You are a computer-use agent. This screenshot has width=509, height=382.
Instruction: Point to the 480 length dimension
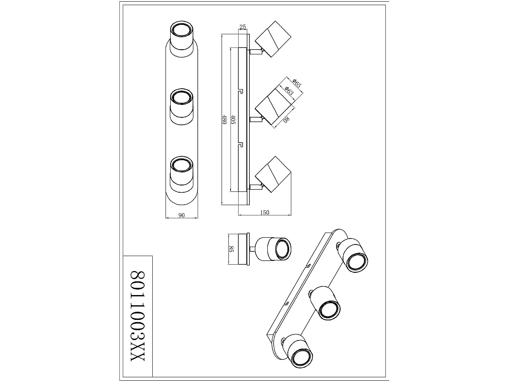click(224, 120)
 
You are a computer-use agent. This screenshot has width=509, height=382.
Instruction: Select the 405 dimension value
click(233, 119)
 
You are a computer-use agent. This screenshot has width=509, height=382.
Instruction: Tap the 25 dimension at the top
click(243, 27)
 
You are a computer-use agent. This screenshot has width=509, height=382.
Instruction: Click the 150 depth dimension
click(264, 213)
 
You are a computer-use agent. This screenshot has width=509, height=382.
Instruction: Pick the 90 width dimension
click(181, 215)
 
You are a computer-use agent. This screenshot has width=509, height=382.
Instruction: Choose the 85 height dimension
click(231, 249)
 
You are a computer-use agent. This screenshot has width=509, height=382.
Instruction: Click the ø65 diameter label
click(297, 83)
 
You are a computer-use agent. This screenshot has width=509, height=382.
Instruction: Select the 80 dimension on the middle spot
click(286, 119)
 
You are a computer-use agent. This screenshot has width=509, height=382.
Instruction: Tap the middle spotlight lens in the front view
click(181, 97)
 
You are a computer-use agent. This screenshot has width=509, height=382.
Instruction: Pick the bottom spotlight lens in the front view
click(181, 165)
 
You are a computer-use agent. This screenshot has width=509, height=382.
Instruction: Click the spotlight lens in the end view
click(281, 248)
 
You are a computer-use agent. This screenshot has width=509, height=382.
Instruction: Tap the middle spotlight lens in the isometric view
click(328, 309)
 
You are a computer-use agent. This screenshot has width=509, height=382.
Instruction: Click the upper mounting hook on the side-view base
click(240, 91)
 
